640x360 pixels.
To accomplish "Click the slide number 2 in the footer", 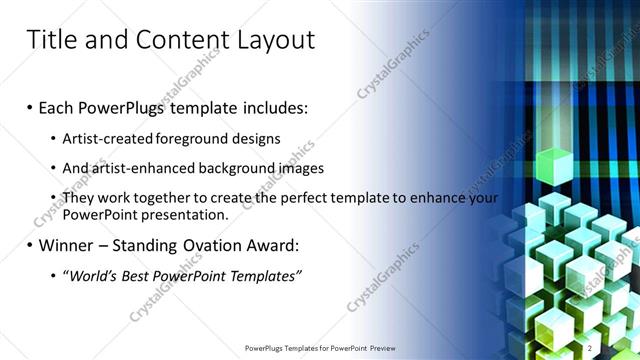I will point(590,348).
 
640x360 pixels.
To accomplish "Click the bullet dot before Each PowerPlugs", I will point(30,107).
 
